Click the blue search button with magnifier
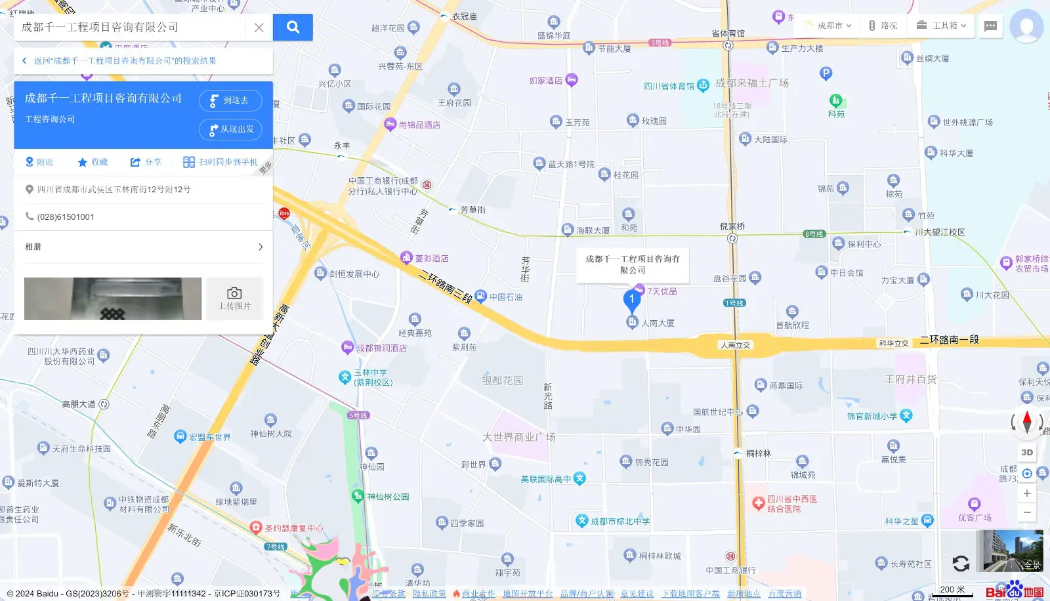pos(293,27)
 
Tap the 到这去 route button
pos(230,100)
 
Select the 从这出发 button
pos(230,129)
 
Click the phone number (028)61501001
pos(66,217)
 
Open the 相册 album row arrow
pos(261,247)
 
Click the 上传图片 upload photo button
pos(234,299)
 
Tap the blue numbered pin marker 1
pos(631,300)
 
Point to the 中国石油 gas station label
pos(505,297)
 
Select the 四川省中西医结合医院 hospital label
pos(791,504)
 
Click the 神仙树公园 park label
pos(387,497)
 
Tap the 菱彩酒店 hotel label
pos(431,259)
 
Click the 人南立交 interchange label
pos(735,345)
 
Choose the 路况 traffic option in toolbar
pos(883,26)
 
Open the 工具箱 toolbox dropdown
pos(942,26)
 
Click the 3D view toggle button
pos(1027,452)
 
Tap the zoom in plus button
pos(1027,493)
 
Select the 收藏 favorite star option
pos(93,162)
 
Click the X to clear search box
pos(259,28)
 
